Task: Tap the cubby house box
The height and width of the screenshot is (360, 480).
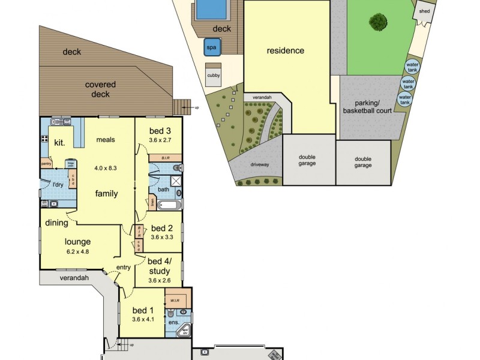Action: [213, 76]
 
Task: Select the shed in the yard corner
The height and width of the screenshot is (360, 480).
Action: [424, 12]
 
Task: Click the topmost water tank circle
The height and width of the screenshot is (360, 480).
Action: [412, 67]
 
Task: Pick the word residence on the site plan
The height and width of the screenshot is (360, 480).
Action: [285, 50]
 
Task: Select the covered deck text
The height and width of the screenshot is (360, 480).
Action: [100, 89]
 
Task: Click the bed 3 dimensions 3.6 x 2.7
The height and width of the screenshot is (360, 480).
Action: [160, 140]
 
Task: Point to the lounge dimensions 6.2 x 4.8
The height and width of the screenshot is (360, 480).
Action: [78, 251]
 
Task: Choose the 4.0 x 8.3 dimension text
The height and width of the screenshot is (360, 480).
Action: [106, 168]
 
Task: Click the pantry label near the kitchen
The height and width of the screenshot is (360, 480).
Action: [46, 163]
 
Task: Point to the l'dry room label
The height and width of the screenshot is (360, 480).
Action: [58, 184]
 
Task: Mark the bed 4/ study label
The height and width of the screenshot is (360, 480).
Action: [159, 266]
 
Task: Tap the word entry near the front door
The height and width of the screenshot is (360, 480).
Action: [123, 267]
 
